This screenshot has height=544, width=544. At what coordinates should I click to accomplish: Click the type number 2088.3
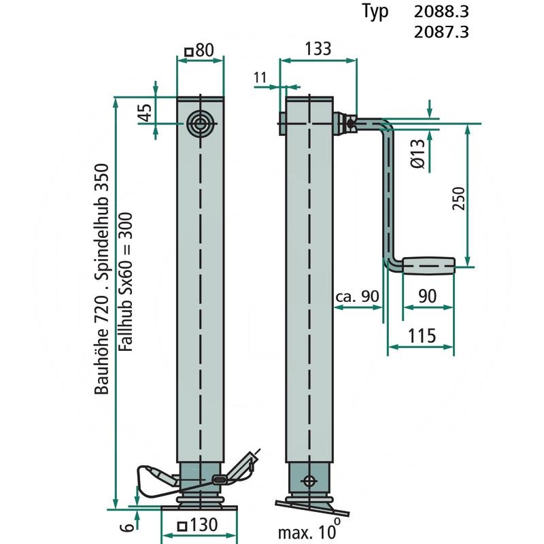coord(441,12)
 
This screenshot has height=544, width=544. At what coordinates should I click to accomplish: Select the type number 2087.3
coord(441,32)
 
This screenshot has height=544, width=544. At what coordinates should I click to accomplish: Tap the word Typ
coord(375,12)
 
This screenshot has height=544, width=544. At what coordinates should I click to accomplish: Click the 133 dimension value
coord(318,48)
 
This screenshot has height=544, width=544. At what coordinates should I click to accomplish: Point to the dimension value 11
coord(260,78)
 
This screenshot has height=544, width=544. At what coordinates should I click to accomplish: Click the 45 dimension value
coord(146,112)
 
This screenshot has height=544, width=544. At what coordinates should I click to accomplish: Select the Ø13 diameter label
coord(418,154)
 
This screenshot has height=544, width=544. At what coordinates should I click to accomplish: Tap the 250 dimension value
coord(458,198)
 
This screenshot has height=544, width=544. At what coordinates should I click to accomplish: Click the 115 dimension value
coord(422,335)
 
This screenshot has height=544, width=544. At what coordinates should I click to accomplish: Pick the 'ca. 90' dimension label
coord(358,296)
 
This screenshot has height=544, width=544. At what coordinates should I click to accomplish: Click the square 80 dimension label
coord(199,50)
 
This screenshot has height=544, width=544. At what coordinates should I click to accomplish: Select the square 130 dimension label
coord(197,525)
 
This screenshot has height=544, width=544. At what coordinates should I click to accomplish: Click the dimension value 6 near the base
coord(127,527)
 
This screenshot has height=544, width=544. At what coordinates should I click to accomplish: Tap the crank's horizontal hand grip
coord(429,266)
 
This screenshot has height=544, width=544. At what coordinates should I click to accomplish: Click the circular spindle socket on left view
coord(200,124)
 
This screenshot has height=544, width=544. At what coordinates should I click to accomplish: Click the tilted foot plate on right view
coord(312,507)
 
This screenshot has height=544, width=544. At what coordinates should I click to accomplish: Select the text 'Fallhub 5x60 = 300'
coord(126,282)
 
